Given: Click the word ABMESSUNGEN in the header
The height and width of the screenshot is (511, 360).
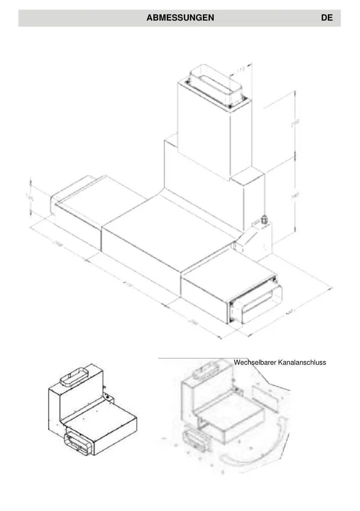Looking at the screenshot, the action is pyautogui.click(x=180, y=18).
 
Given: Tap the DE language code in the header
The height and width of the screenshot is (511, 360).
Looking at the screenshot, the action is pyautogui.click(x=327, y=18).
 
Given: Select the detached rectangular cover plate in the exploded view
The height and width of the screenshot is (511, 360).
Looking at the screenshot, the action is pyautogui.click(x=265, y=396).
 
